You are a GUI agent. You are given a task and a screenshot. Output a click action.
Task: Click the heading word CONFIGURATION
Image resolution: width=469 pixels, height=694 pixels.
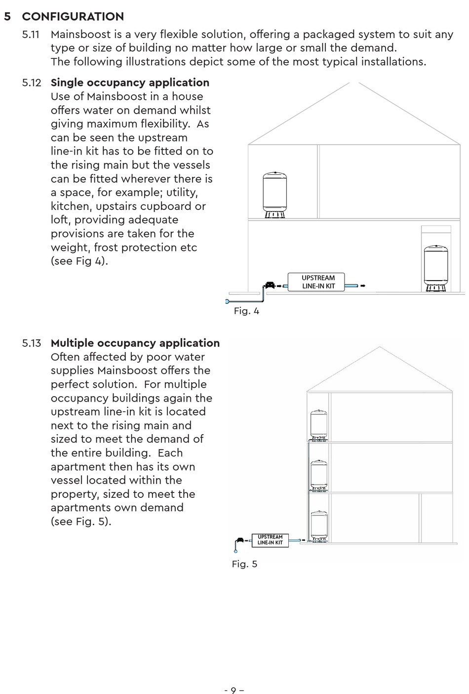[73, 17]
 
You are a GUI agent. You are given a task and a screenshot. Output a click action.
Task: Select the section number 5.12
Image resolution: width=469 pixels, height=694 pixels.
[32, 82]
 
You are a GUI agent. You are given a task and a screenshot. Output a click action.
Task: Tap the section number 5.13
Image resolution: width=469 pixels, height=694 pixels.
[32, 343]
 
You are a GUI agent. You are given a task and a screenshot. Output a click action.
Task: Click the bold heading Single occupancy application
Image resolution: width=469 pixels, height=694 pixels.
[130, 82]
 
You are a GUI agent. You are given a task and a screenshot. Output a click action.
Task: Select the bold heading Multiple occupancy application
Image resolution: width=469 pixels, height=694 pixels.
[135, 343]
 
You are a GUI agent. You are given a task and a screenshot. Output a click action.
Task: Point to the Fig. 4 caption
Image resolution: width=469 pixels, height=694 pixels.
[246, 311]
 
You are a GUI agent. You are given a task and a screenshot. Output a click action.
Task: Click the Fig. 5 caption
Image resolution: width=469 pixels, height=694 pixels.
[244, 564]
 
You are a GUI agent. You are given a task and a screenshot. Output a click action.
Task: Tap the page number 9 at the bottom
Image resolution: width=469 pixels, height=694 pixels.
[234, 690]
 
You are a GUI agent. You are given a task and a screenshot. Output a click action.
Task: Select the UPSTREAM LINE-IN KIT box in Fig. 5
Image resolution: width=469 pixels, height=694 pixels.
[270, 539]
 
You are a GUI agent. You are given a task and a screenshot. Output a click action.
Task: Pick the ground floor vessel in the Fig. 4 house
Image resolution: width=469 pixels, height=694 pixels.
[436, 267]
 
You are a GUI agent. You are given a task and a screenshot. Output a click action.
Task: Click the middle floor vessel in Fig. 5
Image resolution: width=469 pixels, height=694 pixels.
[319, 475]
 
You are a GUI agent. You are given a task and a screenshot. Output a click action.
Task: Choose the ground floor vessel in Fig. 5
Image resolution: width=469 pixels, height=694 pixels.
[319, 526]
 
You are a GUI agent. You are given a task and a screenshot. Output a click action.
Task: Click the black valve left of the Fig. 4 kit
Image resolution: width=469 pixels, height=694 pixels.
[270, 285]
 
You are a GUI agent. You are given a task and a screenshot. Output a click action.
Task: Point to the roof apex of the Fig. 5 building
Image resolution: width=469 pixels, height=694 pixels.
[380, 347]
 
